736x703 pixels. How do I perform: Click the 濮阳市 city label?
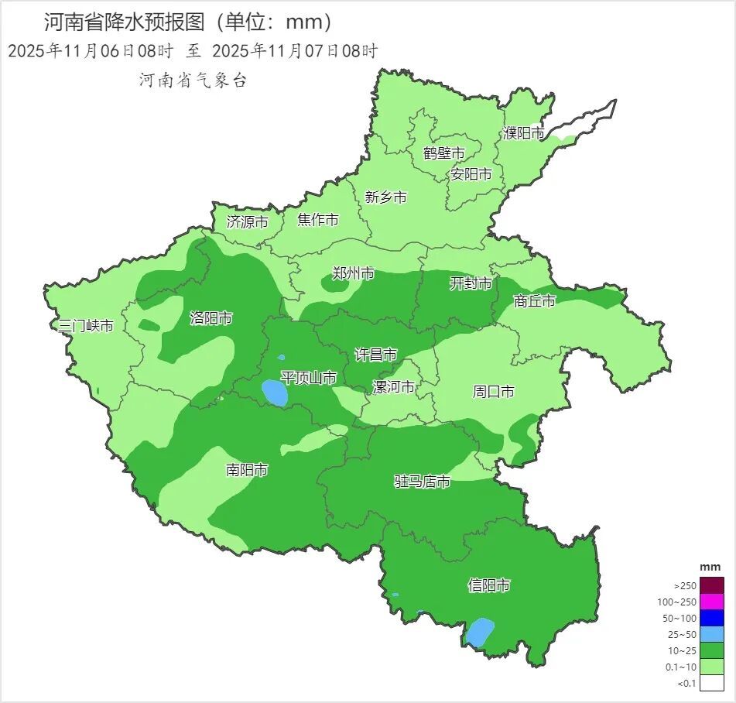[x=524, y=133]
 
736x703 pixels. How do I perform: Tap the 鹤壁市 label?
[x=444, y=153]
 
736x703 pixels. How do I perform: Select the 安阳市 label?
[x=471, y=174]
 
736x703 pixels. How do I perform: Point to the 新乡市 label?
[x=386, y=197]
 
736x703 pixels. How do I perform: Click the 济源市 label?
[x=248, y=221]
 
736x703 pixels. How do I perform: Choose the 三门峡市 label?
[x=87, y=326]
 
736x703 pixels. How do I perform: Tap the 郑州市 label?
[x=354, y=273]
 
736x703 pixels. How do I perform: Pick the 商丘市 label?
[x=535, y=301]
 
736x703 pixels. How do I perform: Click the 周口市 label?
[x=494, y=392]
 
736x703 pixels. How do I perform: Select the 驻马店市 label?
[x=423, y=482]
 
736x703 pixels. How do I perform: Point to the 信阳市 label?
[x=489, y=585]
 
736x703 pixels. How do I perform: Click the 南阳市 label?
[x=247, y=470]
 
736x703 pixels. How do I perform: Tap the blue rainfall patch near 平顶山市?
[x=275, y=393]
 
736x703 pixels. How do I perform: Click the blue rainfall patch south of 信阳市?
[x=480, y=632]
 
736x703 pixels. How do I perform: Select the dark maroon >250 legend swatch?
[x=712, y=585]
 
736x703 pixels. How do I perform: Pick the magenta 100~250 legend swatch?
[x=712, y=602]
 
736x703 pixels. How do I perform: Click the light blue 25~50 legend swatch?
[x=712, y=634]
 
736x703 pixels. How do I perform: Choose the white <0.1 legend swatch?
[x=712, y=682]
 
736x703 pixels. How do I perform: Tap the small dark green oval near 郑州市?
[x=336, y=285]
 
